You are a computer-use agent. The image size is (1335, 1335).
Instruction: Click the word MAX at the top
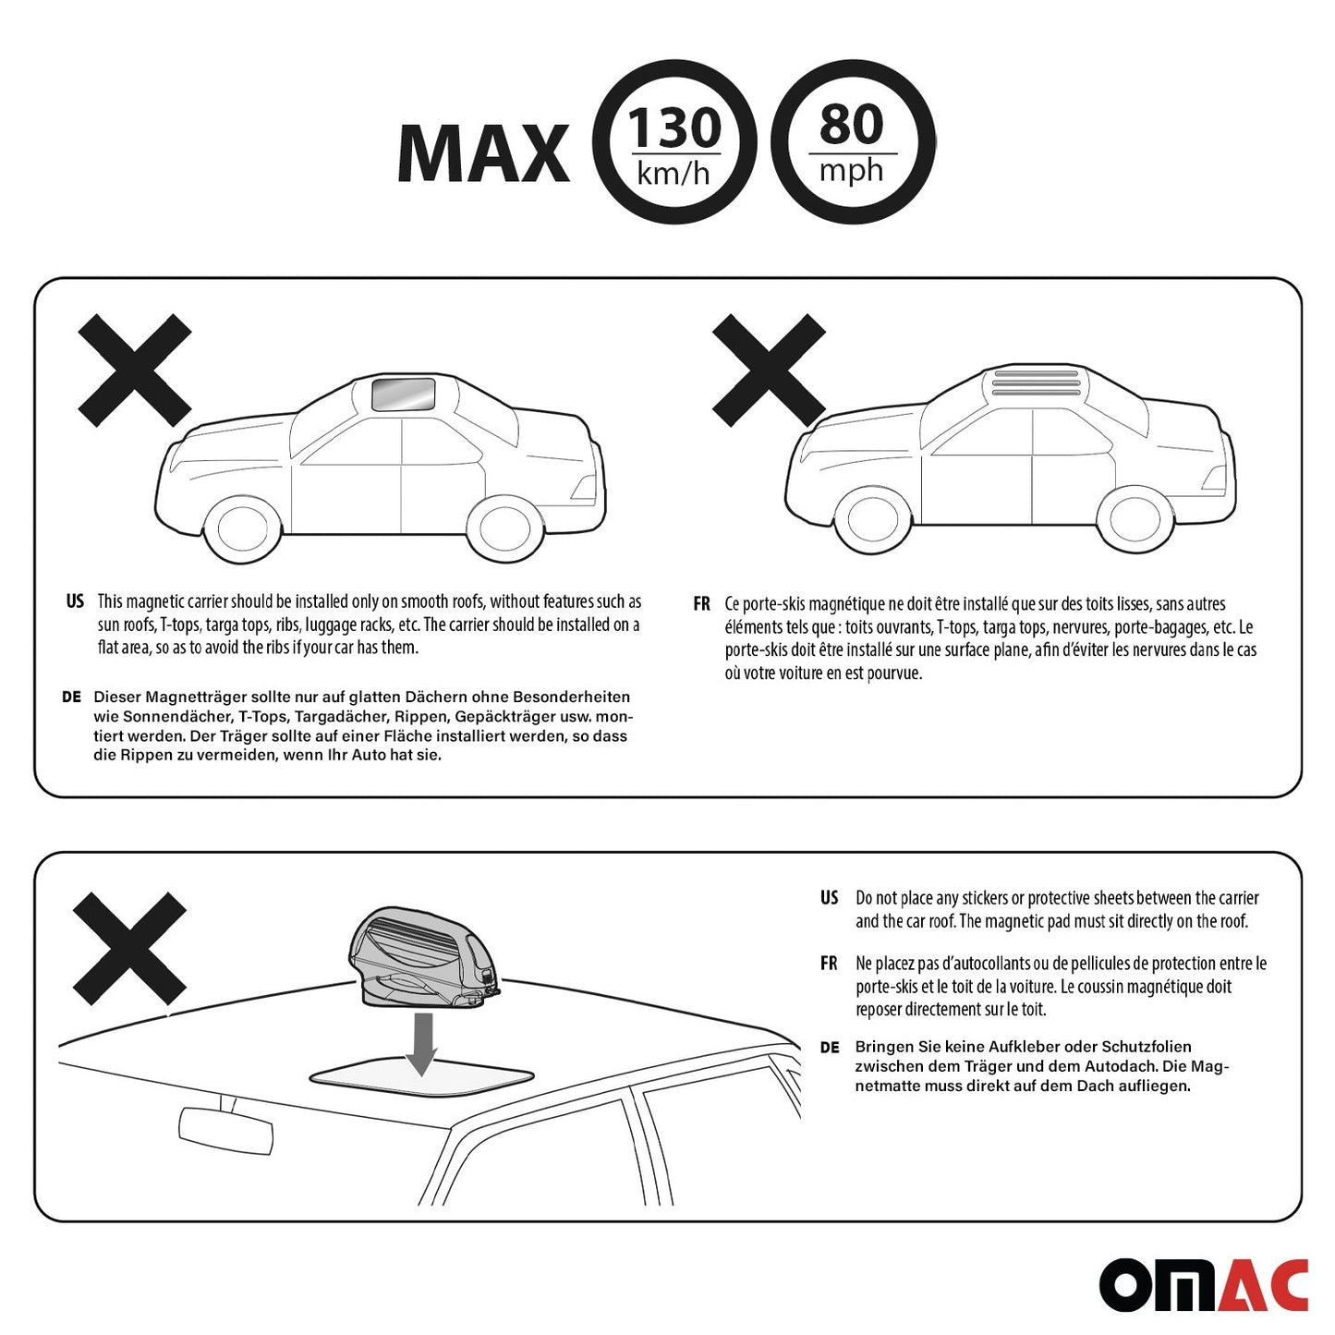coord(483,152)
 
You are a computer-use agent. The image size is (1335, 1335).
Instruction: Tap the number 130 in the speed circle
coord(674,127)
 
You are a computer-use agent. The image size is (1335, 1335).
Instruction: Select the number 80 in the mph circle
coord(852,125)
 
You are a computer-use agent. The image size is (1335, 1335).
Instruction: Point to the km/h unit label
coord(674,173)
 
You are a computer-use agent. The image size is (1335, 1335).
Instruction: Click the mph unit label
coord(851,170)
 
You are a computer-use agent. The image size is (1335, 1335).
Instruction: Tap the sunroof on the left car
coord(403,394)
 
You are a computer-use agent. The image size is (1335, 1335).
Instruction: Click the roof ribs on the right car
coord(1036,382)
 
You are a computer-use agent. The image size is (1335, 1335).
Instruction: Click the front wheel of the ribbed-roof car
coord(872,520)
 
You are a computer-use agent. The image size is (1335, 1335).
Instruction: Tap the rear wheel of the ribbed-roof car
coord(1136,520)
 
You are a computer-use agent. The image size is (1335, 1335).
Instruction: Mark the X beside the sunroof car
coord(134,370)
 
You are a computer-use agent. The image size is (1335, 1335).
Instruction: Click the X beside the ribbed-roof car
coord(769,370)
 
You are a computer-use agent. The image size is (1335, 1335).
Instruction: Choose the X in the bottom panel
coord(129,949)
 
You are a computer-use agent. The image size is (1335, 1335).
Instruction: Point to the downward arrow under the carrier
coord(421,1044)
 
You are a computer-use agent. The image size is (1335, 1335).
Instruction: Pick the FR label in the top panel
coord(701,604)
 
